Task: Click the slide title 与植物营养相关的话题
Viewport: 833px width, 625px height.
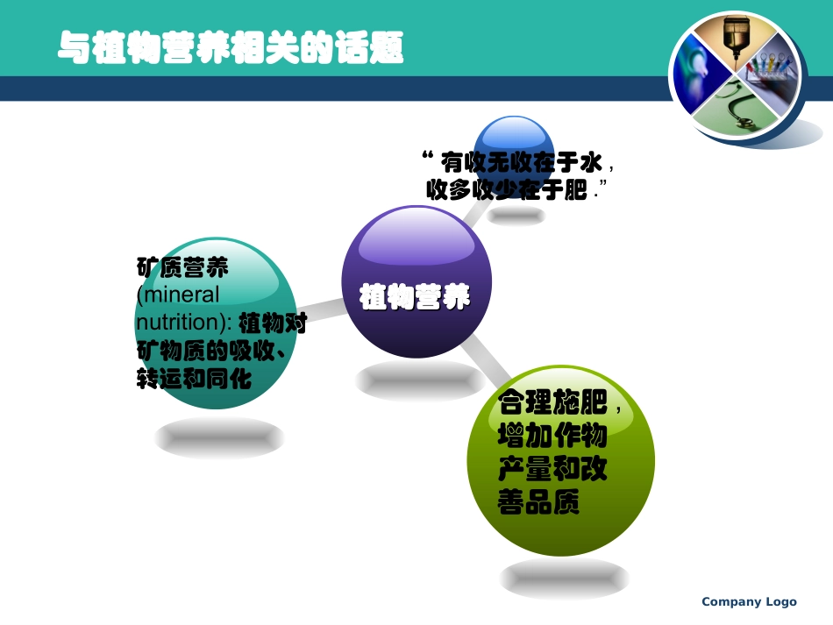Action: coord(231,47)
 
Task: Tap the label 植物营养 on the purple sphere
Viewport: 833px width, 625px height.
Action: coord(415,299)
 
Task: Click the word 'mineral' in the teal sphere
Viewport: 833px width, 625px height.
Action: coord(183,295)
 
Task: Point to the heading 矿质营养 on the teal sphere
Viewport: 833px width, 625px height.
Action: coord(170,266)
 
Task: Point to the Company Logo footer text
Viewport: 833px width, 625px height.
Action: coord(749,601)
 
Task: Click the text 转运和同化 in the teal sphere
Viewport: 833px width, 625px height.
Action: coord(195,380)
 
